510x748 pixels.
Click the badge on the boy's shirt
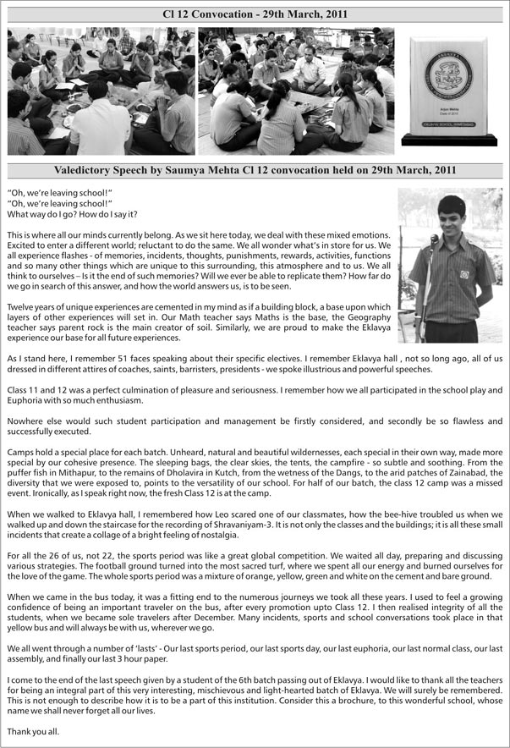(x=464, y=273)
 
